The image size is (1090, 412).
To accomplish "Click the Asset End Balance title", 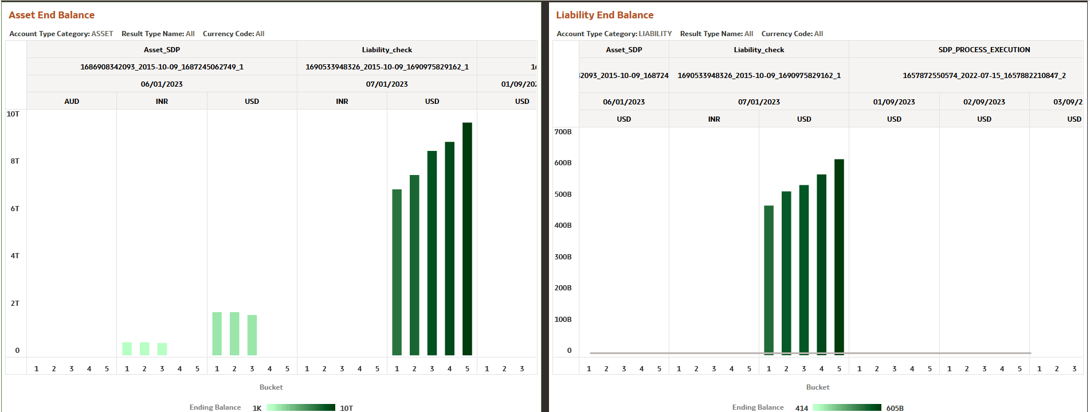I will tap(52, 15).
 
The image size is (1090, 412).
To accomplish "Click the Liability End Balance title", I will tap(605, 15).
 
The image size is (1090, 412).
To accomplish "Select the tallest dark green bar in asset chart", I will tap(467, 239).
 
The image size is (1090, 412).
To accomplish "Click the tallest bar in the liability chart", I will tap(839, 256).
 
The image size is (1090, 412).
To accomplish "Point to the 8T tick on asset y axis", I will tap(15, 161).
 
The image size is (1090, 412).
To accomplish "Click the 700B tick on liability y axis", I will tap(563, 131).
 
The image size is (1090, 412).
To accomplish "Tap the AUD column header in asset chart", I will tap(72, 101).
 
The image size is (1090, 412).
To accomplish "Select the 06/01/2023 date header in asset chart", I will tap(162, 84).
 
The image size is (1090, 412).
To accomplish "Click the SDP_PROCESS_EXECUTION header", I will tap(984, 50).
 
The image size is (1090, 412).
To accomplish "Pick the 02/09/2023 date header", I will tap(984, 102).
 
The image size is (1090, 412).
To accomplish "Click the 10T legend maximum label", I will tap(346, 408).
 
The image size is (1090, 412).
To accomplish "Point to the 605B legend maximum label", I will tap(895, 408).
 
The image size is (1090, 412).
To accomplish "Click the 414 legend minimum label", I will tap(802, 408).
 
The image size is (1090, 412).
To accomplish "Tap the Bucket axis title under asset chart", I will tap(271, 387).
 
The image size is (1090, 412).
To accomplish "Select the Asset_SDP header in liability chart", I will tap(624, 50).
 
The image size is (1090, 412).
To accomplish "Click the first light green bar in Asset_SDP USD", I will tap(217, 333).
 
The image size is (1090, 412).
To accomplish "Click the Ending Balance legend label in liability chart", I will tap(758, 407).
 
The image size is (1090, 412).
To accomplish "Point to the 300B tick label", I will tap(563, 256).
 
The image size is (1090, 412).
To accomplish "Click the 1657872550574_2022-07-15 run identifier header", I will tap(984, 75).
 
